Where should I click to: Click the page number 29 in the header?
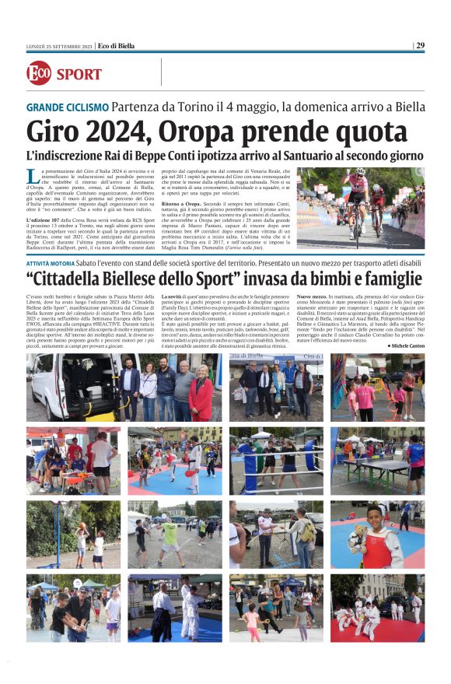tap(420, 45)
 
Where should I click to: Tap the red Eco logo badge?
tap(39, 73)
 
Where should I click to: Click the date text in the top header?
tap(59, 45)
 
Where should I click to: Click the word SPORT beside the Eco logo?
tap(79, 75)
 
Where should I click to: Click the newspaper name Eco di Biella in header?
tap(117, 45)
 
